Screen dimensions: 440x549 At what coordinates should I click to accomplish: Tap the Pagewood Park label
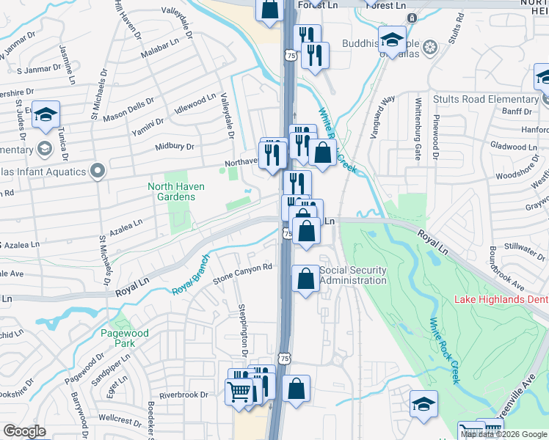click(x=125, y=338)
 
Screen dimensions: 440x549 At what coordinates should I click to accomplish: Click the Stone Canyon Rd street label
click(x=242, y=275)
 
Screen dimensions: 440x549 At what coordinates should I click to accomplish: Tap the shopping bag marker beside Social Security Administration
click(x=305, y=279)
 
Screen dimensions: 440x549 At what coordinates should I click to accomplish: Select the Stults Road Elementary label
click(x=485, y=100)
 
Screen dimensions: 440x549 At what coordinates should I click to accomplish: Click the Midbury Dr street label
click(x=174, y=147)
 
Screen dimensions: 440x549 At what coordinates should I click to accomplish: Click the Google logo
click(x=23, y=431)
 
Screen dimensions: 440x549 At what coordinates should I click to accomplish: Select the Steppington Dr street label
click(x=243, y=323)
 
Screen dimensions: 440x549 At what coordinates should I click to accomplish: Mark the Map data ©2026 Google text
click(x=503, y=434)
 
